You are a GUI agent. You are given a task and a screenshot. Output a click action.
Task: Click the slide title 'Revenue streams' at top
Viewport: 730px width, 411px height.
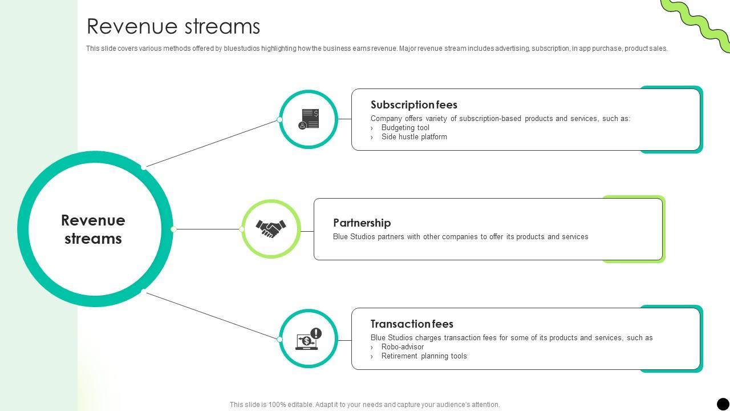(x=173, y=27)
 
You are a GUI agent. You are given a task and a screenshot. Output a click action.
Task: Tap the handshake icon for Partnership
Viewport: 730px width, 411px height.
(x=271, y=228)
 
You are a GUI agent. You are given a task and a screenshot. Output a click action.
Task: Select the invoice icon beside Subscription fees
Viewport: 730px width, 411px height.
(x=309, y=119)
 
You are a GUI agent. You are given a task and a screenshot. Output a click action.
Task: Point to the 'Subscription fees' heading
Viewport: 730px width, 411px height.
(x=413, y=104)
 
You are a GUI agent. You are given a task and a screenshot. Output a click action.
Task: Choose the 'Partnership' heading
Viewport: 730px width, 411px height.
(x=362, y=223)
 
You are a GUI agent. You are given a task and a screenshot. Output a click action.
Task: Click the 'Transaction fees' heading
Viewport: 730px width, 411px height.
(x=412, y=324)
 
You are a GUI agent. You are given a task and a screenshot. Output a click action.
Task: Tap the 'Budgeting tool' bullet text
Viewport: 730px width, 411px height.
(x=405, y=128)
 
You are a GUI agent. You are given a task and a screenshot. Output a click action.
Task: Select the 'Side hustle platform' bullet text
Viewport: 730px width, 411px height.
(x=414, y=137)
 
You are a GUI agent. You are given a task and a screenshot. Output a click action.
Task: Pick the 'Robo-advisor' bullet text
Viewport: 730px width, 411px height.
(x=402, y=347)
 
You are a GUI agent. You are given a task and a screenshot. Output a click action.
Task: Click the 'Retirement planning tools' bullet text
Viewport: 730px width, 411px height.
(x=424, y=356)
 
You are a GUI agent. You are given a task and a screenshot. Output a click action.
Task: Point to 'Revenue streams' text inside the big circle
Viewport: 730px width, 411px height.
(x=93, y=229)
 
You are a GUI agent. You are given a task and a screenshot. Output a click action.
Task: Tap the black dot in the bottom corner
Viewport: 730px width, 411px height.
(x=723, y=404)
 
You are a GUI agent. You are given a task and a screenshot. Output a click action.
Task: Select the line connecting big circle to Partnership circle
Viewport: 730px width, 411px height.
(x=208, y=229)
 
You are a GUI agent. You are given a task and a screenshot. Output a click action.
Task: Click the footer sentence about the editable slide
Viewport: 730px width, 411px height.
(x=364, y=405)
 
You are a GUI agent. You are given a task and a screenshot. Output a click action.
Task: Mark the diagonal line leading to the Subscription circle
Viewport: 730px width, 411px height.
(x=211, y=143)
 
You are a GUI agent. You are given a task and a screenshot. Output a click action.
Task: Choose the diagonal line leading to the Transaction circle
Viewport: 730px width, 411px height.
(x=212, y=316)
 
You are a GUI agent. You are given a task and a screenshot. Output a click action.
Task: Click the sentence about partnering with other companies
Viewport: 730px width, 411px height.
(x=460, y=237)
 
